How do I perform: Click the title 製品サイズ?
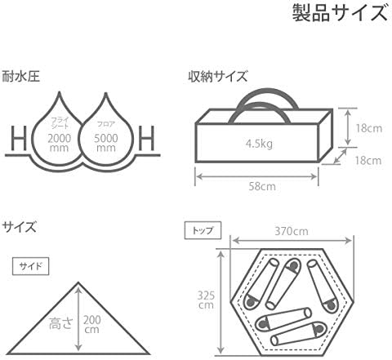pos(340,13)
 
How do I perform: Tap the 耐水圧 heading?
pos(20,77)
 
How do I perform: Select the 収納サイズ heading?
pos(218,77)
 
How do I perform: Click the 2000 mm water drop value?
pos(59,143)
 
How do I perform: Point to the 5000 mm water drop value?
pos(106,143)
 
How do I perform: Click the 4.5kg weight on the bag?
pos(259,144)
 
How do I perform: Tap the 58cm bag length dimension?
pos(262,186)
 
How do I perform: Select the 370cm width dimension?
pos(292,231)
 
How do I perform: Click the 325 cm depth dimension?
pos(206,300)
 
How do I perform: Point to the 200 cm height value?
pos(91,324)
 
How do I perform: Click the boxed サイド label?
pos(31,266)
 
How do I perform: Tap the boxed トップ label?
pos(203,231)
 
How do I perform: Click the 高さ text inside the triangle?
pos(61,323)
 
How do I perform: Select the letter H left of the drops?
pos(19,138)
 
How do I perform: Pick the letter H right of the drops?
pos(146,138)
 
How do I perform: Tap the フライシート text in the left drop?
pos(60,122)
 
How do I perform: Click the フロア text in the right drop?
pos(106,124)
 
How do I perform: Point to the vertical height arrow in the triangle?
pos(78,319)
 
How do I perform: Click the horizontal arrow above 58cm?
pos(256,177)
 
